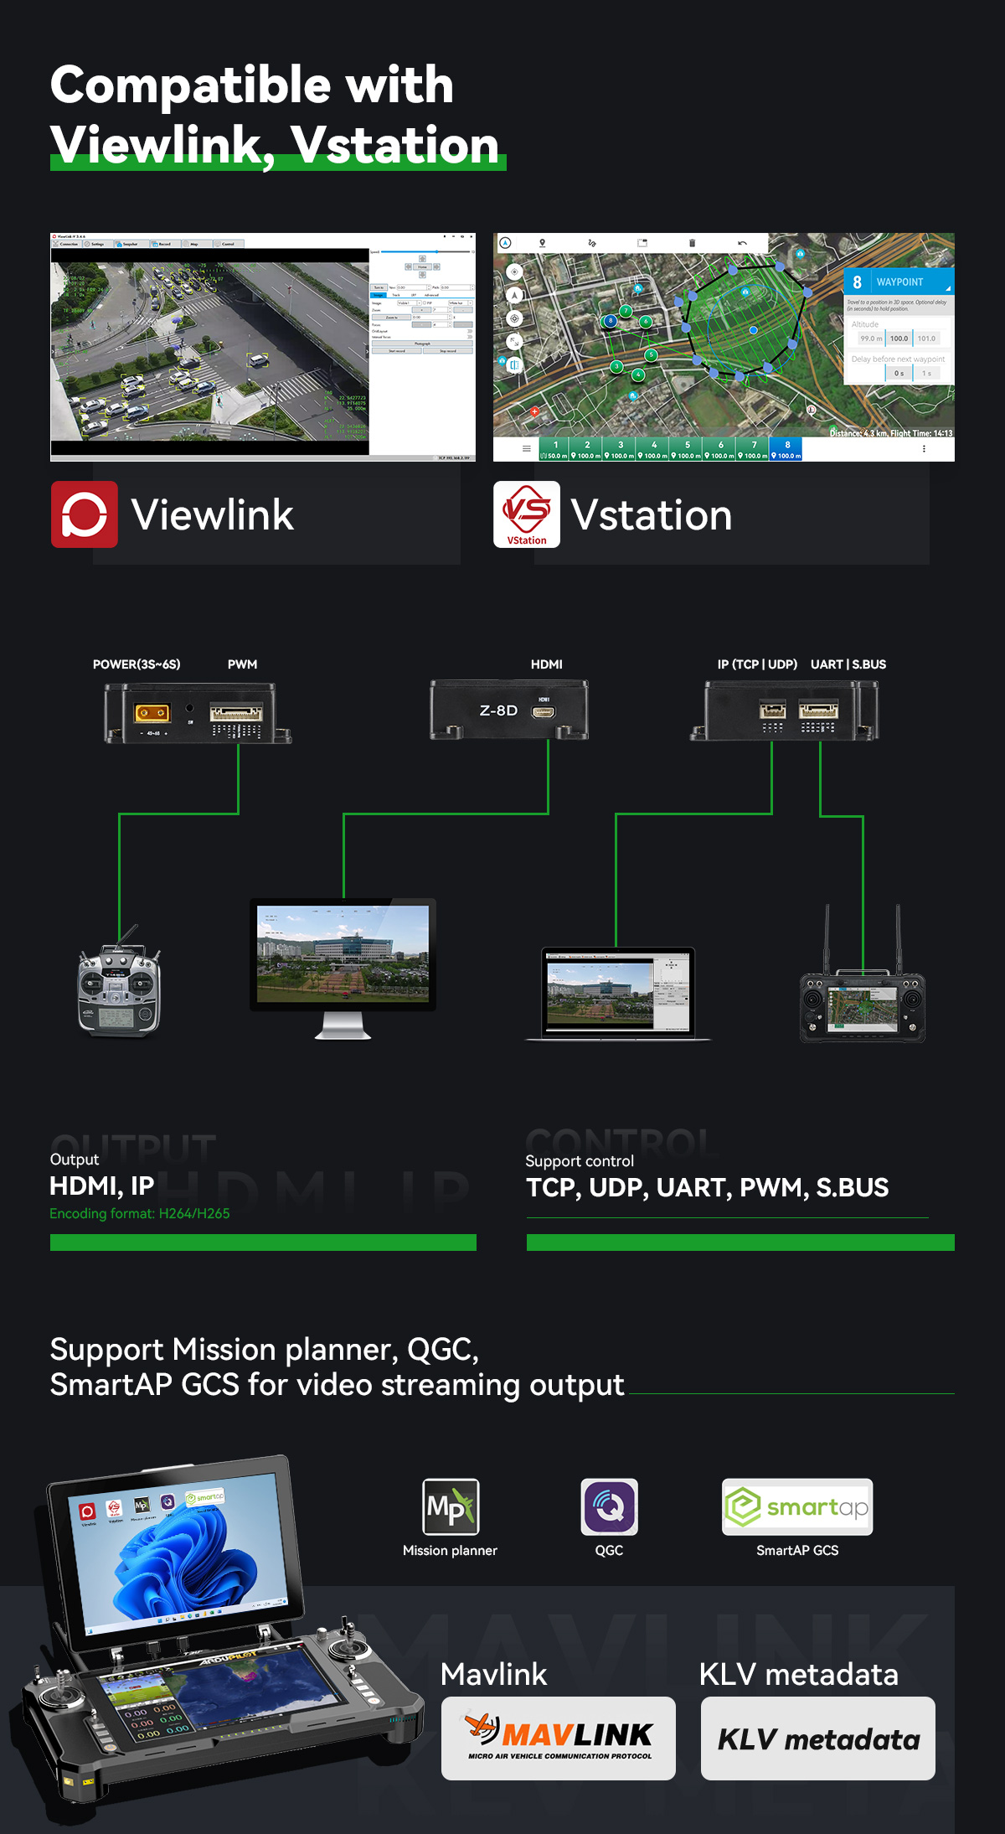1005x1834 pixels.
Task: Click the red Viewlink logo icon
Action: [x=85, y=514]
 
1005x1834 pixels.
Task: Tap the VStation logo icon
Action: [x=527, y=514]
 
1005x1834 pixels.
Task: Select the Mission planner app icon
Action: [x=451, y=1506]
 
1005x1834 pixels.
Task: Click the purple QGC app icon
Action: [x=609, y=1506]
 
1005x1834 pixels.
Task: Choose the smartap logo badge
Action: [x=797, y=1506]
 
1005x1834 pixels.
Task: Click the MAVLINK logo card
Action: [x=559, y=1738]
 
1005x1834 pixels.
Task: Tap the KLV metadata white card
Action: [x=818, y=1738]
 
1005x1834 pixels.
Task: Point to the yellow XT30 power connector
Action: [x=152, y=713]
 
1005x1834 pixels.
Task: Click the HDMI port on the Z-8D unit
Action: [x=543, y=712]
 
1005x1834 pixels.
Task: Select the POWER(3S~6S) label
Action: [x=137, y=664]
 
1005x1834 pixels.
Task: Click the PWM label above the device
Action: [x=242, y=664]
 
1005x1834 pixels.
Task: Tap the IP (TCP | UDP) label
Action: [x=757, y=664]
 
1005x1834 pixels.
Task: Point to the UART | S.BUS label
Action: [x=848, y=664]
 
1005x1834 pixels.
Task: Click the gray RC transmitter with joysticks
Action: [x=119, y=989]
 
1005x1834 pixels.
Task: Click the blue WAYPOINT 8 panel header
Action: [x=899, y=282]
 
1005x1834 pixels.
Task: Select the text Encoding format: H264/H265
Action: [x=140, y=1213]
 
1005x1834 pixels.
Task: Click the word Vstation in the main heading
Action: [x=395, y=145]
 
